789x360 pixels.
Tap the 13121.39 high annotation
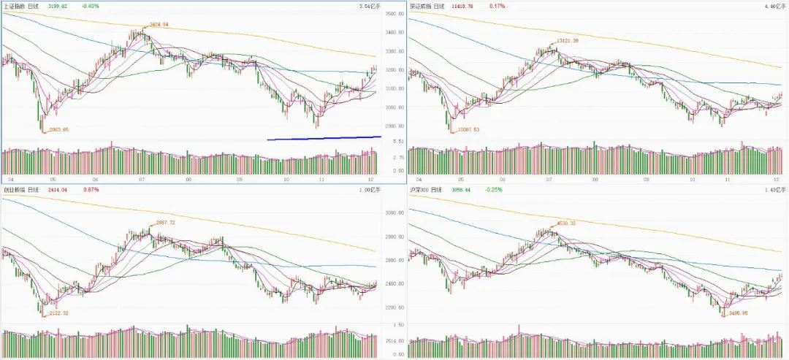[566, 41]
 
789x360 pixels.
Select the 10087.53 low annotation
[466, 129]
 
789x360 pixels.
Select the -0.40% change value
[91, 6]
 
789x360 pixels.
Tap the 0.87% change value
[91, 189]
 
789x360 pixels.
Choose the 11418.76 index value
[463, 6]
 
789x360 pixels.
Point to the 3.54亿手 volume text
[370, 7]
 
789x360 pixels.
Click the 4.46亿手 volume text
[774, 7]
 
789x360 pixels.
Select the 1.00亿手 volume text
[370, 190]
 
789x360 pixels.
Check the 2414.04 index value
[58, 189]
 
